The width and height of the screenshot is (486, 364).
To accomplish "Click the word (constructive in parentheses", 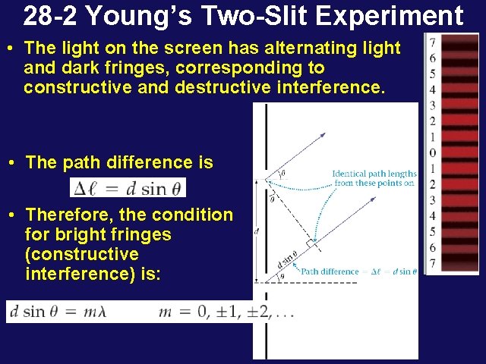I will tap(81, 254).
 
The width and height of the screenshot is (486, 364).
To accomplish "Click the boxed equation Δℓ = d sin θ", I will tap(128, 187).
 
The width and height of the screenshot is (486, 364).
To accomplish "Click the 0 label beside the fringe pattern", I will tap(431, 152).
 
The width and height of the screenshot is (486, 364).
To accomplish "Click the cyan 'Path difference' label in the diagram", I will tap(330, 271).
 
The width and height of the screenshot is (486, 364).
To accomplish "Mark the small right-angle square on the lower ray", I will tap(310, 243).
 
